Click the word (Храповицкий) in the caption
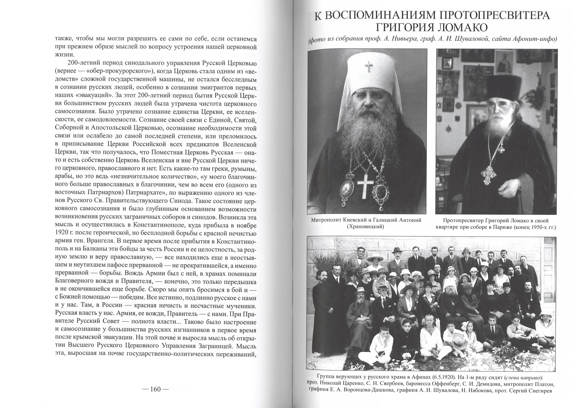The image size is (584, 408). coord(366,227)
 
